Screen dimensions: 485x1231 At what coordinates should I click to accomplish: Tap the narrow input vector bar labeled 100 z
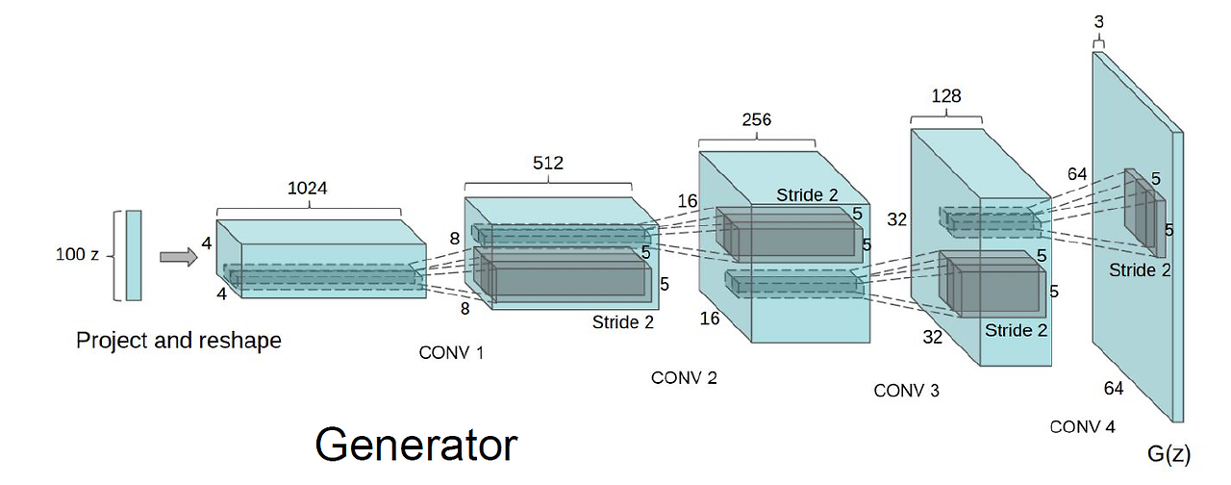133,256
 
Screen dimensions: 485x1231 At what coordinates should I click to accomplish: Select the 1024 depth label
308,189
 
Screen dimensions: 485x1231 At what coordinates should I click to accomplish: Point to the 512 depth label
547,163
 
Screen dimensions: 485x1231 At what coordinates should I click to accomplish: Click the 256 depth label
756,120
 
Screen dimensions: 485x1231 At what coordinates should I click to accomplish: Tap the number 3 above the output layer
1099,21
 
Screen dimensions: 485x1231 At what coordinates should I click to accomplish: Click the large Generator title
416,446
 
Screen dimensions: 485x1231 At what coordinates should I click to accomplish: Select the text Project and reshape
179,340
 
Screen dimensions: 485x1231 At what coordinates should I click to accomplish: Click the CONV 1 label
451,353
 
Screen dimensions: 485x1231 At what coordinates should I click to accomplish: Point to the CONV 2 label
684,378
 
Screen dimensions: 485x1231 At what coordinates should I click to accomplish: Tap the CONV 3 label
906,391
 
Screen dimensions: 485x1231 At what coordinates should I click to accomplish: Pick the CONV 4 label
1082,426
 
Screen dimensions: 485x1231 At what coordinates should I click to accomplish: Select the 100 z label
78,256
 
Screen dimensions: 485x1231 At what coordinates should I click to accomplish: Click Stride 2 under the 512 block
622,322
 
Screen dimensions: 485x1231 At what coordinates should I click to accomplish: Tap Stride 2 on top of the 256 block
807,195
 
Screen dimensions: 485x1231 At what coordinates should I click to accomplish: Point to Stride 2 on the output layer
1140,270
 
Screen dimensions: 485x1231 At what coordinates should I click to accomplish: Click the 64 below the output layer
1114,388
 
